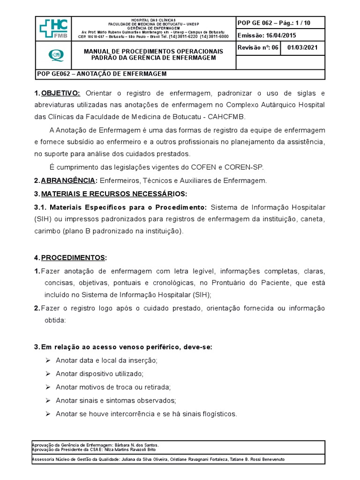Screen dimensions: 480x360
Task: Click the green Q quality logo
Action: click(54, 55)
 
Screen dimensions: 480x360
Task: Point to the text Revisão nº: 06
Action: click(258, 48)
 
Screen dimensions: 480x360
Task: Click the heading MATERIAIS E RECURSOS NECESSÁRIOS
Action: click(114, 194)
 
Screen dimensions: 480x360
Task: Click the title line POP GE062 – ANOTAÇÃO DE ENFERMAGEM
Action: click(101, 74)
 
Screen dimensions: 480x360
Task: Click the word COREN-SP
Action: click(251, 167)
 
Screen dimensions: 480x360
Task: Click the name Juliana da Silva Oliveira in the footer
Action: click(145, 459)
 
